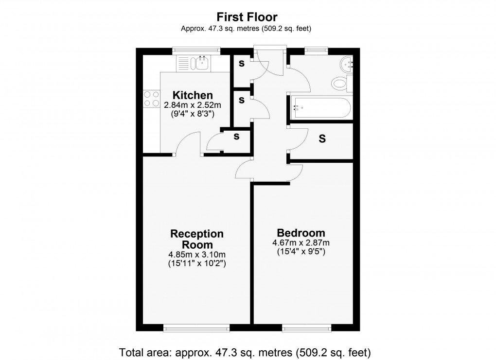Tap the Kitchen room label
194,95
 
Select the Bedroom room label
301,233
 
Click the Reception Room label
197,240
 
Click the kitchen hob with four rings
151,99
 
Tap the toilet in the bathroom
339,84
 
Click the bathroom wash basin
348,64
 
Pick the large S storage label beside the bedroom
322,139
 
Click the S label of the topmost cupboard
241,63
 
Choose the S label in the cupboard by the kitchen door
236,137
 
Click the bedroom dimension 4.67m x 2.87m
301,243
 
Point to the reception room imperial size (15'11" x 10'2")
197,264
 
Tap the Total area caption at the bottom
245,351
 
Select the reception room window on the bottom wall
196,328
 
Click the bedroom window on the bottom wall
307,328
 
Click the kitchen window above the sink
196,50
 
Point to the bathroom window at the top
316,50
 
